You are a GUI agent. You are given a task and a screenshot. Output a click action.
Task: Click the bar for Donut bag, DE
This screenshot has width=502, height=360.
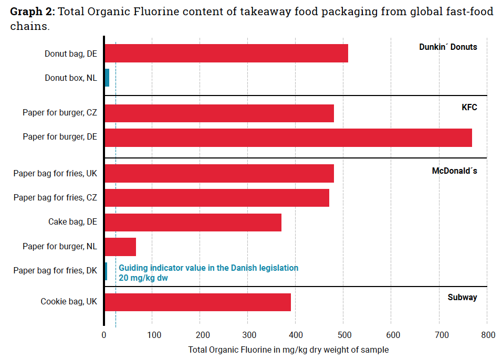[226, 54]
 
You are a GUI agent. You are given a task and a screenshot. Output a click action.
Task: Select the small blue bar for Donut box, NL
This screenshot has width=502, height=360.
[107, 78]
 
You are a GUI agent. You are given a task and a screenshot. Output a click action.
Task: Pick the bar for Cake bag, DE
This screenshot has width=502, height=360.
[193, 223]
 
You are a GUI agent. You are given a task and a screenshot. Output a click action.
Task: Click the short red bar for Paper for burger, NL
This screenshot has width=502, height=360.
[120, 247]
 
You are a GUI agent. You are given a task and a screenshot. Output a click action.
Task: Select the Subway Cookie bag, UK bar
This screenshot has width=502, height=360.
[197, 302]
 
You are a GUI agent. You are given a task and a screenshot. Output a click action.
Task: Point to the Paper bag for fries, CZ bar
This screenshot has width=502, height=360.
[217, 198]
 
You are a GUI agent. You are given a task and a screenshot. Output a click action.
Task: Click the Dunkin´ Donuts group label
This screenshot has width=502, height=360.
[448, 47]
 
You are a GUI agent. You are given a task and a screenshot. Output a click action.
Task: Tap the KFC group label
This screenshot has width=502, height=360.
[469, 108]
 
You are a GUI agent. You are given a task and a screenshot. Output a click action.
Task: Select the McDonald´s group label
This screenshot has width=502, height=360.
[454, 171]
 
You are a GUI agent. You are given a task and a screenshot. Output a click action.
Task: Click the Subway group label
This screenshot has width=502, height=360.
[462, 298]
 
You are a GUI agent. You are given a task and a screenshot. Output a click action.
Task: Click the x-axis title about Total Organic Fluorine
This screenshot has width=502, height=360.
[288, 350]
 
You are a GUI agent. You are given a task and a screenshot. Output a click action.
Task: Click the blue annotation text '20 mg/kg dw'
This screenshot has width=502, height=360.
[143, 278]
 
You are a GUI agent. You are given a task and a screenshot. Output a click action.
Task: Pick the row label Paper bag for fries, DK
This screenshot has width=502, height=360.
[55, 271]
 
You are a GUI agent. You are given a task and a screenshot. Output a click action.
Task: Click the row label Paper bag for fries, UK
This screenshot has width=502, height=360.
[55, 174]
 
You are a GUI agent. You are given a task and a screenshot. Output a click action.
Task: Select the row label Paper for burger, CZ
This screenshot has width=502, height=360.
[60, 113]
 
